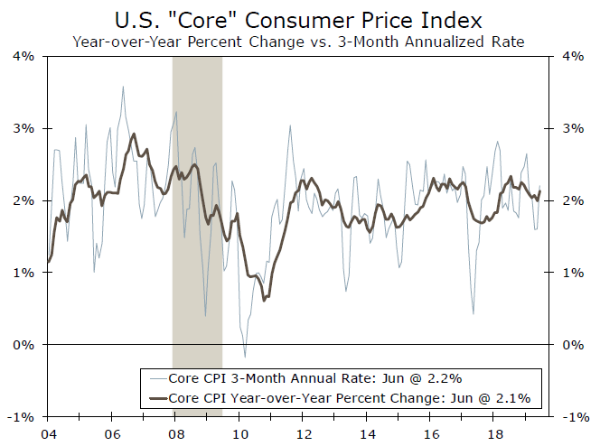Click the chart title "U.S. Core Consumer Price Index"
tap(299, 18)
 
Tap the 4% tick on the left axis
tap(24, 56)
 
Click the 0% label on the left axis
tap(24, 345)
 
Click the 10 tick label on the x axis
tap(239, 432)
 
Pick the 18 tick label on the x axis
tap(494, 432)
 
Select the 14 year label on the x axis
tap(367, 432)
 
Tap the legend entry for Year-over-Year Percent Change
tap(349, 396)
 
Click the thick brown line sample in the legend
tap(157, 396)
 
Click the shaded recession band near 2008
tap(197, 226)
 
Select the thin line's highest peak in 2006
tap(123, 87)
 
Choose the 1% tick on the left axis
tap(24, 273)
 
